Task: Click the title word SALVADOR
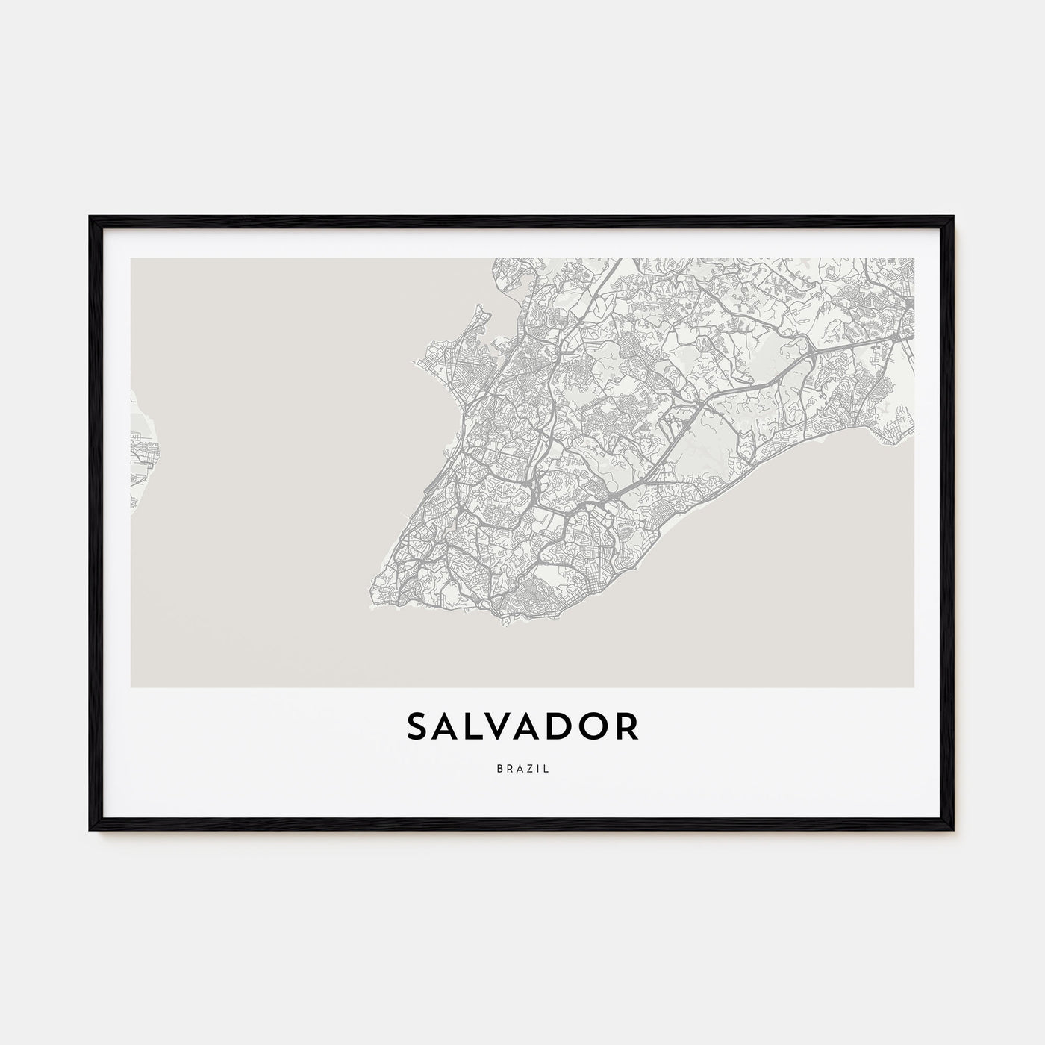522,727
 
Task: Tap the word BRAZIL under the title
522,768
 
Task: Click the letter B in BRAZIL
499,768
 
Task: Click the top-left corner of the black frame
91,217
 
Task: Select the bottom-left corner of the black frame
91,830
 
